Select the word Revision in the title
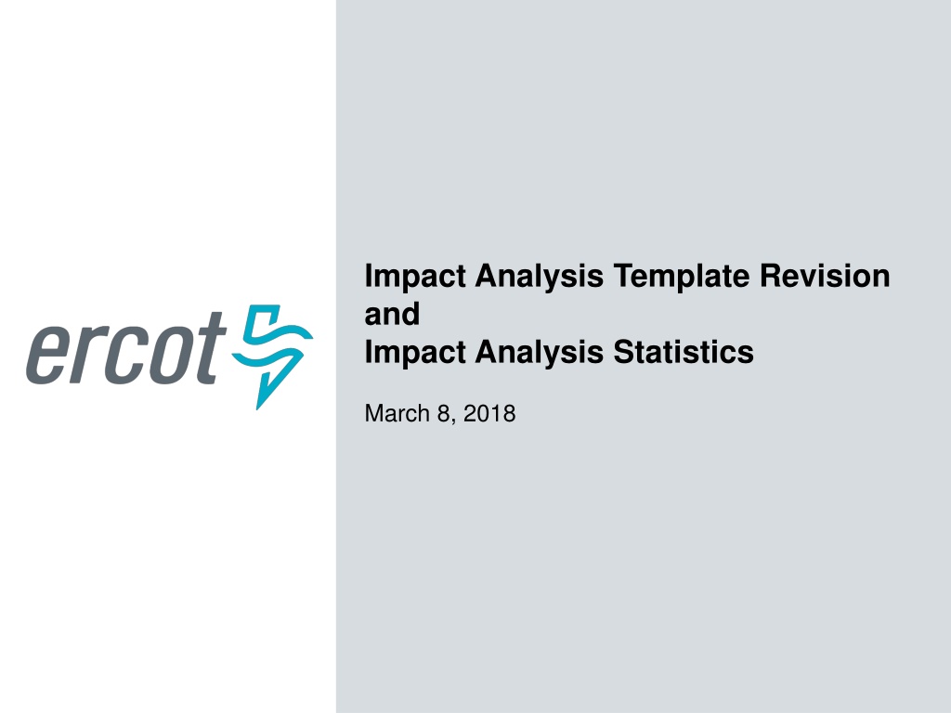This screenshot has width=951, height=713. tap(825, 276)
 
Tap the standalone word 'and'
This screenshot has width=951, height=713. tap(392, 314)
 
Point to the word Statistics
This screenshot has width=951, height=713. tap(684, 352)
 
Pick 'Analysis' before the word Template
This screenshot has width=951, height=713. tap(540, 277)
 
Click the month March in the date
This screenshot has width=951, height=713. tap(397, 413)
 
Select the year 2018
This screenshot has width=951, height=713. tap(489, 413)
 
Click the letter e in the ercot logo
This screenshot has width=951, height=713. tap(48, 356)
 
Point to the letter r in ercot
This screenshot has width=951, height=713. tap(85, 356)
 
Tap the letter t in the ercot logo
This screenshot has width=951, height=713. tap(206, 348)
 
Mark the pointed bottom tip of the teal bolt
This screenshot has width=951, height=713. tap(258, 409)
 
